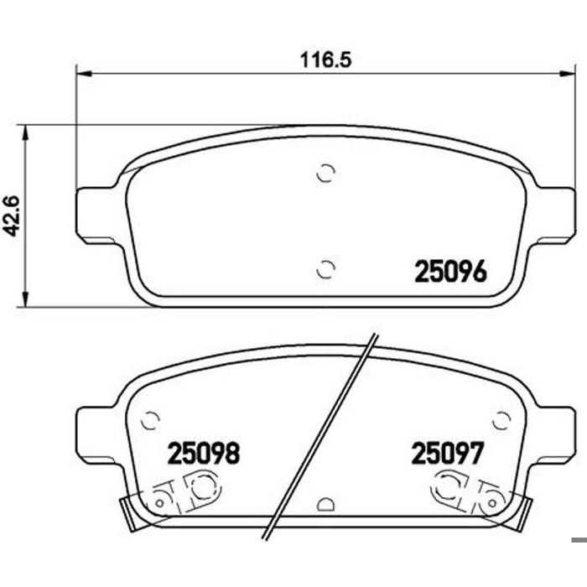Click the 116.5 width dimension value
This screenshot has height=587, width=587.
click(x=325, y=60)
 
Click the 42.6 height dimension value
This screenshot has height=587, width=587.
click(x=12, y=216)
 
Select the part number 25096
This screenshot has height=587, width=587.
click(x=451, y=272)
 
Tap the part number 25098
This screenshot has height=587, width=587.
click(x=204, y=453)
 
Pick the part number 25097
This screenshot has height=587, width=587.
click(x=448, y=453)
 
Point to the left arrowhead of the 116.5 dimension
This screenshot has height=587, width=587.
click(x=84, y=74)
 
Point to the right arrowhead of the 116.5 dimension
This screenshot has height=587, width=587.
click(x=567, y=74)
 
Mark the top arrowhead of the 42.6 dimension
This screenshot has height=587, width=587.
click(x=25, y=132)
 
